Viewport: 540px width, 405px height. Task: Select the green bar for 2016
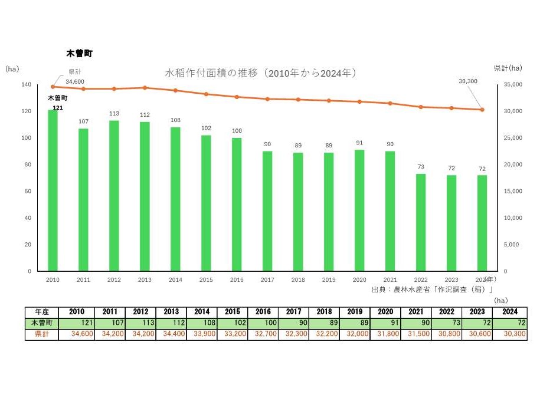pyautogui.click(x=237, y=205)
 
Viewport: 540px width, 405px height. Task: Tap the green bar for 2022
pyautogui.click(x=421, y=222)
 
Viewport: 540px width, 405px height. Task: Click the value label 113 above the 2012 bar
pyautogui.click(x=114, y=114)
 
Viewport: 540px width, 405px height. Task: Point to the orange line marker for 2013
pyautogui.click(x=145, y=88)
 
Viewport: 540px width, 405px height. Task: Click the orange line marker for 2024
pyautogui.click(x=482, y=110)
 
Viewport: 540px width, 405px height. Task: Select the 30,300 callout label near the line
pyautogui.click(x=467, y=81)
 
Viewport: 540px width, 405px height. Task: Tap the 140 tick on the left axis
pyautogui.click(x=26, y=85)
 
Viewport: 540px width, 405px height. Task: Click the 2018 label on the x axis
pyautogui.click(x=298, y=280)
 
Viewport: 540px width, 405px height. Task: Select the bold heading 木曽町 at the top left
pyautogui.click(x=79, y=54)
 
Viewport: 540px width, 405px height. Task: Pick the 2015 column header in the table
pyautogui.click(x=233, y=312)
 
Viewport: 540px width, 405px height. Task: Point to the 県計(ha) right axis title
pyautogui.click(x=507, y=68)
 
